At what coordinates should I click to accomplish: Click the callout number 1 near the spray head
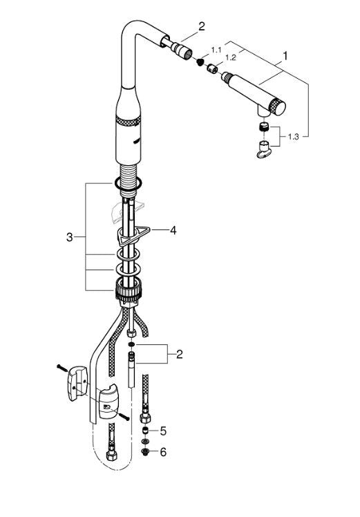285,56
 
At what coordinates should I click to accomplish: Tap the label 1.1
216,50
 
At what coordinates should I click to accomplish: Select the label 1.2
231,57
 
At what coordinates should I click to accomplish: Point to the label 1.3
293,136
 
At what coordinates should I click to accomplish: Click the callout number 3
69,237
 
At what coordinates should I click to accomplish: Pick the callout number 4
173,230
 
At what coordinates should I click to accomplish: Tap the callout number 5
163,431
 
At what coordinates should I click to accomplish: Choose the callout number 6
163,452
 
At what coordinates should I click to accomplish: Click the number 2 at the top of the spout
202,26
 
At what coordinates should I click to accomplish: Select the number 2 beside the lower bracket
180,355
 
